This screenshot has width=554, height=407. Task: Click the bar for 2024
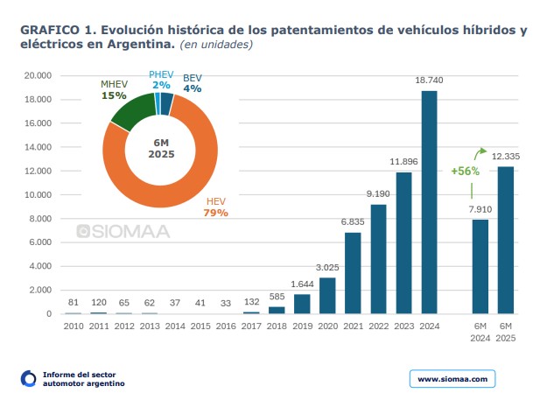pos(429,202)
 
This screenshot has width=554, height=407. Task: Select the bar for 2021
pos(353,272)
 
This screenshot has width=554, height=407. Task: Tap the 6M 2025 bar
pos(506,240)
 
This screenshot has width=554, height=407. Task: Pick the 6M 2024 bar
pos(480,266)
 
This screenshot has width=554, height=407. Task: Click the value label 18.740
pos(429,81)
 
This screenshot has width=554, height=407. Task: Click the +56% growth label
pos(466,171)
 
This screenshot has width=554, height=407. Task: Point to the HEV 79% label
pos(215,207)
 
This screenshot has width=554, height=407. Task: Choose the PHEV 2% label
pos(160,81)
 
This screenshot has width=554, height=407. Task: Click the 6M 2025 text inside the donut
pos(159,148)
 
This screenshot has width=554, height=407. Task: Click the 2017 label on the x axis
pos(251,326)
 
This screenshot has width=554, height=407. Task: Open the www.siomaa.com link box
pos(452,378)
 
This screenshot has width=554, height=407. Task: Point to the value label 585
pos(277,297)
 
